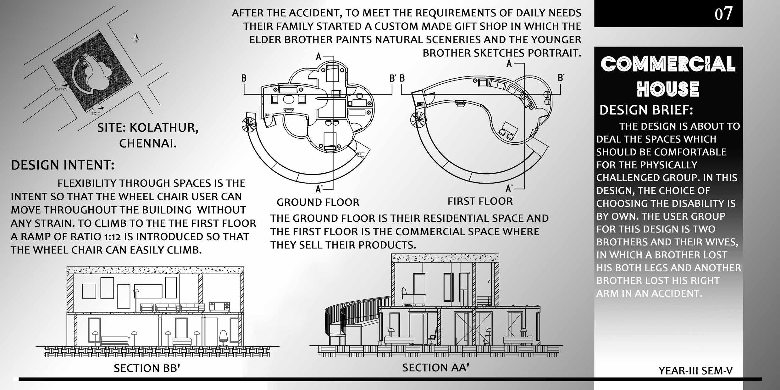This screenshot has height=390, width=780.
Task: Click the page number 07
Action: click(723, 14)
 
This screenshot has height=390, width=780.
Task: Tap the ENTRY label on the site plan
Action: click(61, 89)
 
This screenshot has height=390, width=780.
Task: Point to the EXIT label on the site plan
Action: click(96, 113)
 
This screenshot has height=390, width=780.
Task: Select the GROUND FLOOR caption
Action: click(318, 202)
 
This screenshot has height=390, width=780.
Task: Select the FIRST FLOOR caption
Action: click(480, 201)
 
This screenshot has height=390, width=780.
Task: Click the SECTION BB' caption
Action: click(147, 368)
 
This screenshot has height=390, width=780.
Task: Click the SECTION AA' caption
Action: click(435, 367)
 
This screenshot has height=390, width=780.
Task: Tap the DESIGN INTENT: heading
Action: click(63, 165)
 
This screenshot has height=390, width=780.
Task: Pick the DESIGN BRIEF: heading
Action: click(646, 110)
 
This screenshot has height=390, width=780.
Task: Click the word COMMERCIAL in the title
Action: click(668, 64)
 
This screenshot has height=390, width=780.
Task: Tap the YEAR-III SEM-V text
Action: click(695, 371)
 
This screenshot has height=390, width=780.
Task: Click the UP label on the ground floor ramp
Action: click(360, 154)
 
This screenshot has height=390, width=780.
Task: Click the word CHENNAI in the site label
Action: click(148, 144)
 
